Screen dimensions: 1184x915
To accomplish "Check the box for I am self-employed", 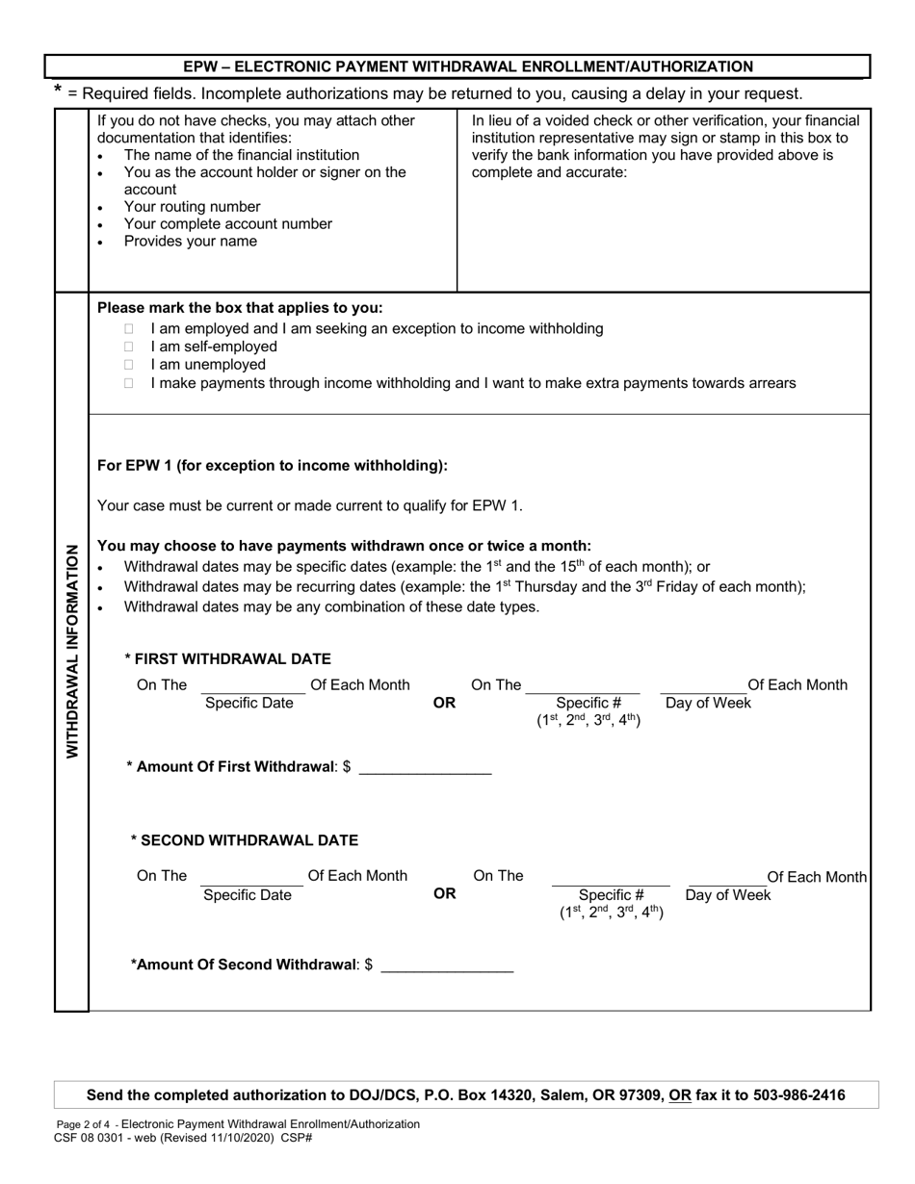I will point(129,347).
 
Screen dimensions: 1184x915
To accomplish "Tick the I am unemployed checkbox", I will point(129,365).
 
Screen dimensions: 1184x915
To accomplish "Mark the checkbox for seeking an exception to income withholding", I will point(129,328).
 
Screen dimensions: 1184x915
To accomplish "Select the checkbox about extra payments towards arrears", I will point(129,383).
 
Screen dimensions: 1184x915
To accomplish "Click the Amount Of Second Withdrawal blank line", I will point(447,965).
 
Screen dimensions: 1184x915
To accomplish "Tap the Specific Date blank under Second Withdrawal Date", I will point(251,877).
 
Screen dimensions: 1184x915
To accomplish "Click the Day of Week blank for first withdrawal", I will point(703,686).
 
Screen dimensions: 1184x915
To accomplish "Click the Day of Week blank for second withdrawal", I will point(727,878).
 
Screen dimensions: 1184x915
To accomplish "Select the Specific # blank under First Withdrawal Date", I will point(582,686).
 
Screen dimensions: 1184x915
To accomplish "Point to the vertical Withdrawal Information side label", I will point(72,651).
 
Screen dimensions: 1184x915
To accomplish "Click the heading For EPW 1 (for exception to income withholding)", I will point(273,466).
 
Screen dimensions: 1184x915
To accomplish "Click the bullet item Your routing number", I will point(192,207).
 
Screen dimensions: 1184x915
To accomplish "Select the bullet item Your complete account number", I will point(227,224).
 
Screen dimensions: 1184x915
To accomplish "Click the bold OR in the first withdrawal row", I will point(444,703).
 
